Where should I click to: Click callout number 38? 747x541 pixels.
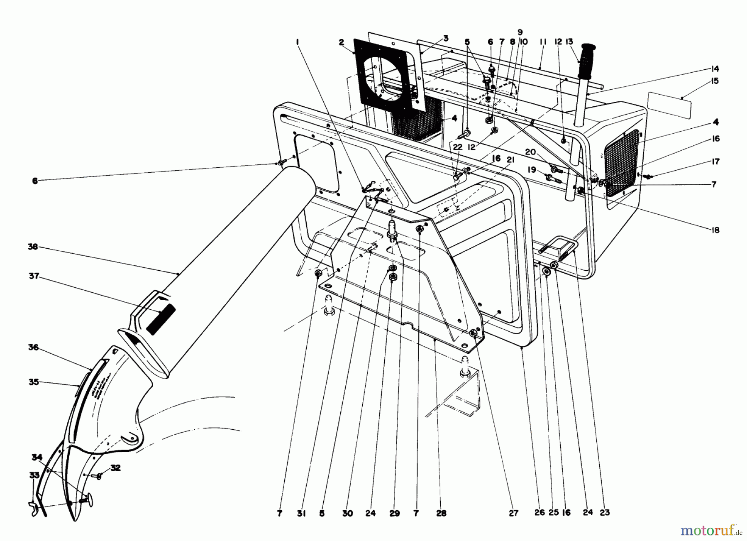click(33, 247)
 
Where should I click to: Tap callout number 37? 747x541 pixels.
click(34, 276)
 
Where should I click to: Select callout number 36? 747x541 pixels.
click(34, 347)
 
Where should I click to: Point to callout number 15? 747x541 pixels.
click(714, 81)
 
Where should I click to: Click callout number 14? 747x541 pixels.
click(714, 69)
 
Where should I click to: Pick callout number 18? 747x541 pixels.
click(714, 230)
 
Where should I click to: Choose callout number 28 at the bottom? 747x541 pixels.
click(441, 513)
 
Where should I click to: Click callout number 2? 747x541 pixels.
click(341, 42)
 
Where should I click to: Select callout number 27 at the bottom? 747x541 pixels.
click(514, 513)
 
